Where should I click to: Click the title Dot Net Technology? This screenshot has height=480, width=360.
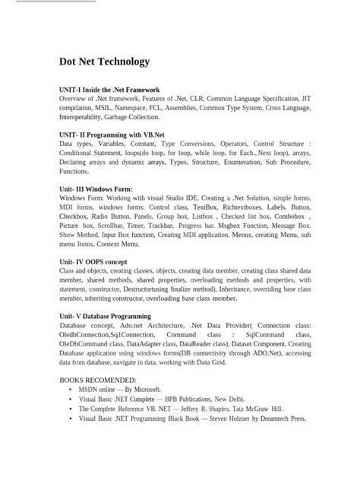point(104,62)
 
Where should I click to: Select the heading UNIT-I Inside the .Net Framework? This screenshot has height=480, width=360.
point(109,90)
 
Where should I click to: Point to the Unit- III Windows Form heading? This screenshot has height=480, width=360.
point(96,188)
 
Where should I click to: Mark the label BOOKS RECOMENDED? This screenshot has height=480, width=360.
point(97,380)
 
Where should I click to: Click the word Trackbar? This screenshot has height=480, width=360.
point(162,226)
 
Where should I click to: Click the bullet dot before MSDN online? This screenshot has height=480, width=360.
point(70,390)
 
